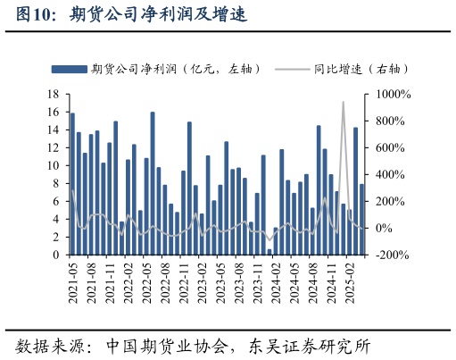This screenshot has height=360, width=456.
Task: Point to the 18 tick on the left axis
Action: point(53,94)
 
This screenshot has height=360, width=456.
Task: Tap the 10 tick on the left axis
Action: point(53,165)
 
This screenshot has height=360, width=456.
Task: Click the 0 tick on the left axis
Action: point(55,255)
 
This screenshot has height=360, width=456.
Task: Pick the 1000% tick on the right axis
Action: point(392,94)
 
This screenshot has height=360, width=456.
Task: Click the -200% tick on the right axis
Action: point(392,255)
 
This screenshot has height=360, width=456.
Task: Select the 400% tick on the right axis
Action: point(392,174)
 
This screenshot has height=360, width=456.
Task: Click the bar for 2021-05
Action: point(72,183)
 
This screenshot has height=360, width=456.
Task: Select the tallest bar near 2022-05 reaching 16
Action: point(153,183)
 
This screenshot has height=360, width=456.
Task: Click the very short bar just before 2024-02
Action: point(269,252)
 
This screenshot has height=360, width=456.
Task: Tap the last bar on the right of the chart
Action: point(361,219)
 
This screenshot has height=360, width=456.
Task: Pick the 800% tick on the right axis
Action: point(392,121)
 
